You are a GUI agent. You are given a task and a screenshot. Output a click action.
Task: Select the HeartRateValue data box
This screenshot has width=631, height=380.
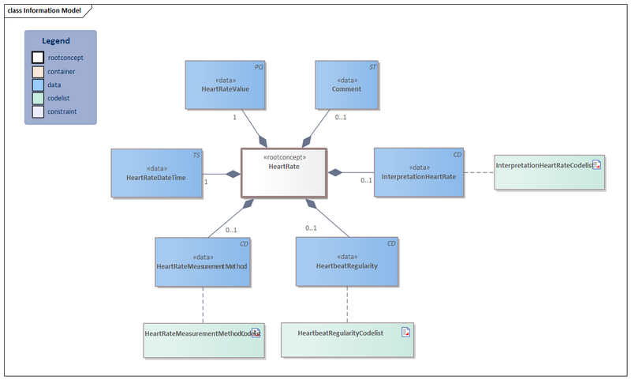(226, 85)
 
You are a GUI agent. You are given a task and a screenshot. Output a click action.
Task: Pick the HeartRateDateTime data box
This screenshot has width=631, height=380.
(156, 173)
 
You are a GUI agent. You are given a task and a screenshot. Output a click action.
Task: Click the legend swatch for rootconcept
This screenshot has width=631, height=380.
(38, 58)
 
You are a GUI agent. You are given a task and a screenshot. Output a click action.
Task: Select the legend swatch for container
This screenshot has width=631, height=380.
(38, 71)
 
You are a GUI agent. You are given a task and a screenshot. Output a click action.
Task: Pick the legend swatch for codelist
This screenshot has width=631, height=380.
(38, 98)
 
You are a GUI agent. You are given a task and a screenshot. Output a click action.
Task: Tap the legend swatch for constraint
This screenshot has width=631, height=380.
(38, 111)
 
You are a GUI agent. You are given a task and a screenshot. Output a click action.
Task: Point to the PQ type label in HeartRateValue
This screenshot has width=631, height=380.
(259, 67)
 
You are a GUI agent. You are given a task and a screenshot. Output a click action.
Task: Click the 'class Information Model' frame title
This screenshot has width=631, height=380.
(44, 10)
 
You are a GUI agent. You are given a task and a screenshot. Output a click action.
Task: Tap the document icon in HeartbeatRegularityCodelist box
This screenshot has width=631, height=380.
(405, 332)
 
